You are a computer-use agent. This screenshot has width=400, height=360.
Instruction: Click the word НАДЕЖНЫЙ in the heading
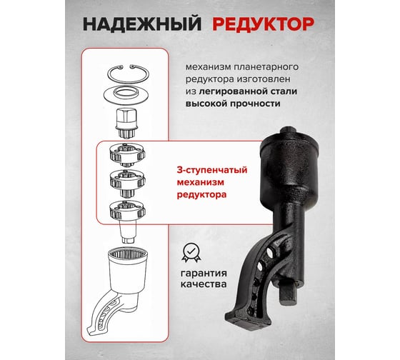click(142, 24)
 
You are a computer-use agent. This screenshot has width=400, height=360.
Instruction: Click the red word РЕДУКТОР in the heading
click(264, 24)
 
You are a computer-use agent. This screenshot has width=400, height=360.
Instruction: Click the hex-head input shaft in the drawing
click(127, 122)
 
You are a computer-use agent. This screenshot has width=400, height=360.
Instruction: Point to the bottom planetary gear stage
click(127, 211)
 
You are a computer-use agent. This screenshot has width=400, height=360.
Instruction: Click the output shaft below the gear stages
click(128, 231)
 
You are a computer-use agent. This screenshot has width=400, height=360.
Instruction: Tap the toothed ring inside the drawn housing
click(128, 254)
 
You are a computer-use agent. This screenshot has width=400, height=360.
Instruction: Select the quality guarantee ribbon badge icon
click(191, 253)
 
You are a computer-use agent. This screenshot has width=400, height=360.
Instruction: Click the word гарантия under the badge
click(204, 274)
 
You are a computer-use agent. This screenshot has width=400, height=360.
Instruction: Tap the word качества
click(204, 284)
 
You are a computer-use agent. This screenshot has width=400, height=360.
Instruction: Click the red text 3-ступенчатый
click(212, 170)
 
